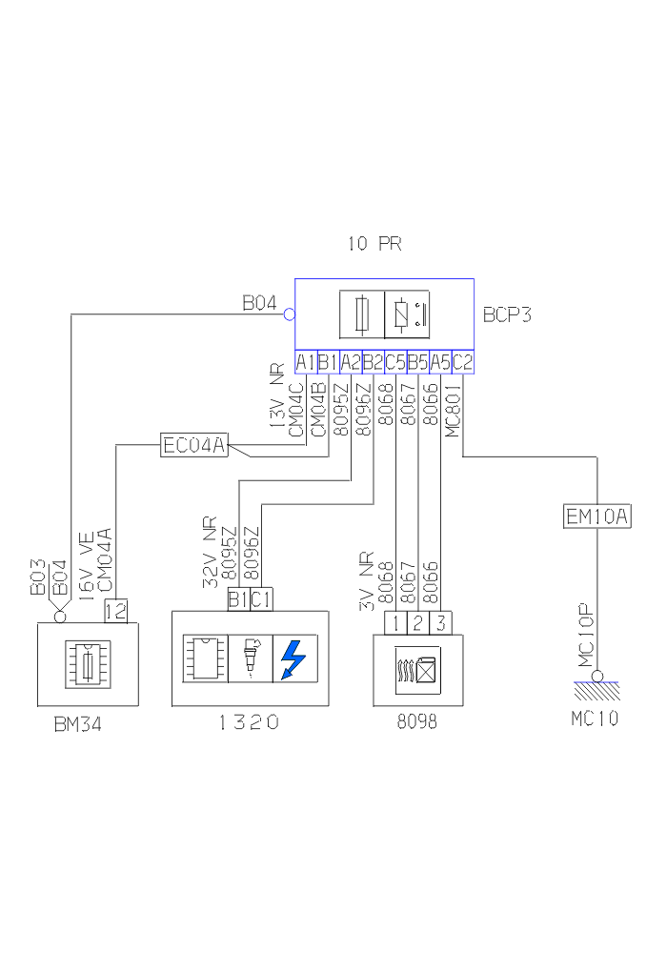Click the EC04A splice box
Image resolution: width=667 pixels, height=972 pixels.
tap(195, 444)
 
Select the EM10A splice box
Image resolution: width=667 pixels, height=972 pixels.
tap(597, 516)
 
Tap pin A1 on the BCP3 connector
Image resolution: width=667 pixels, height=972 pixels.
tap(305, 362)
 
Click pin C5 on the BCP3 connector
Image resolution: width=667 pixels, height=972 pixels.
tap(394, 362)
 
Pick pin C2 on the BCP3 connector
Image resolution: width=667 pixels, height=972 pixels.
tap(463, 362)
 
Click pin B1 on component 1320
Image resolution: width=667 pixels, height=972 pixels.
tap(238, 599)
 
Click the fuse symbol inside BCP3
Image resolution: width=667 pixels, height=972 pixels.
tap(362, 314)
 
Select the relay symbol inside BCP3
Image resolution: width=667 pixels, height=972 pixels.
tap(407, 314)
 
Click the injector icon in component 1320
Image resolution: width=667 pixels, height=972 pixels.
tap(251, 658)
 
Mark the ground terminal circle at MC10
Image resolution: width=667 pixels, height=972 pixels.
tap(597, 676)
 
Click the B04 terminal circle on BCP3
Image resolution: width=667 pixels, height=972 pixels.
tap(289, 313)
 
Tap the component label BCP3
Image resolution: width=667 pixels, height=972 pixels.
tap(507, 314)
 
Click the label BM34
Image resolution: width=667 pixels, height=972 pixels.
tap(77, 725)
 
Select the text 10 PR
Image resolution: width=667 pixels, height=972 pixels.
tap(374, 244)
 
